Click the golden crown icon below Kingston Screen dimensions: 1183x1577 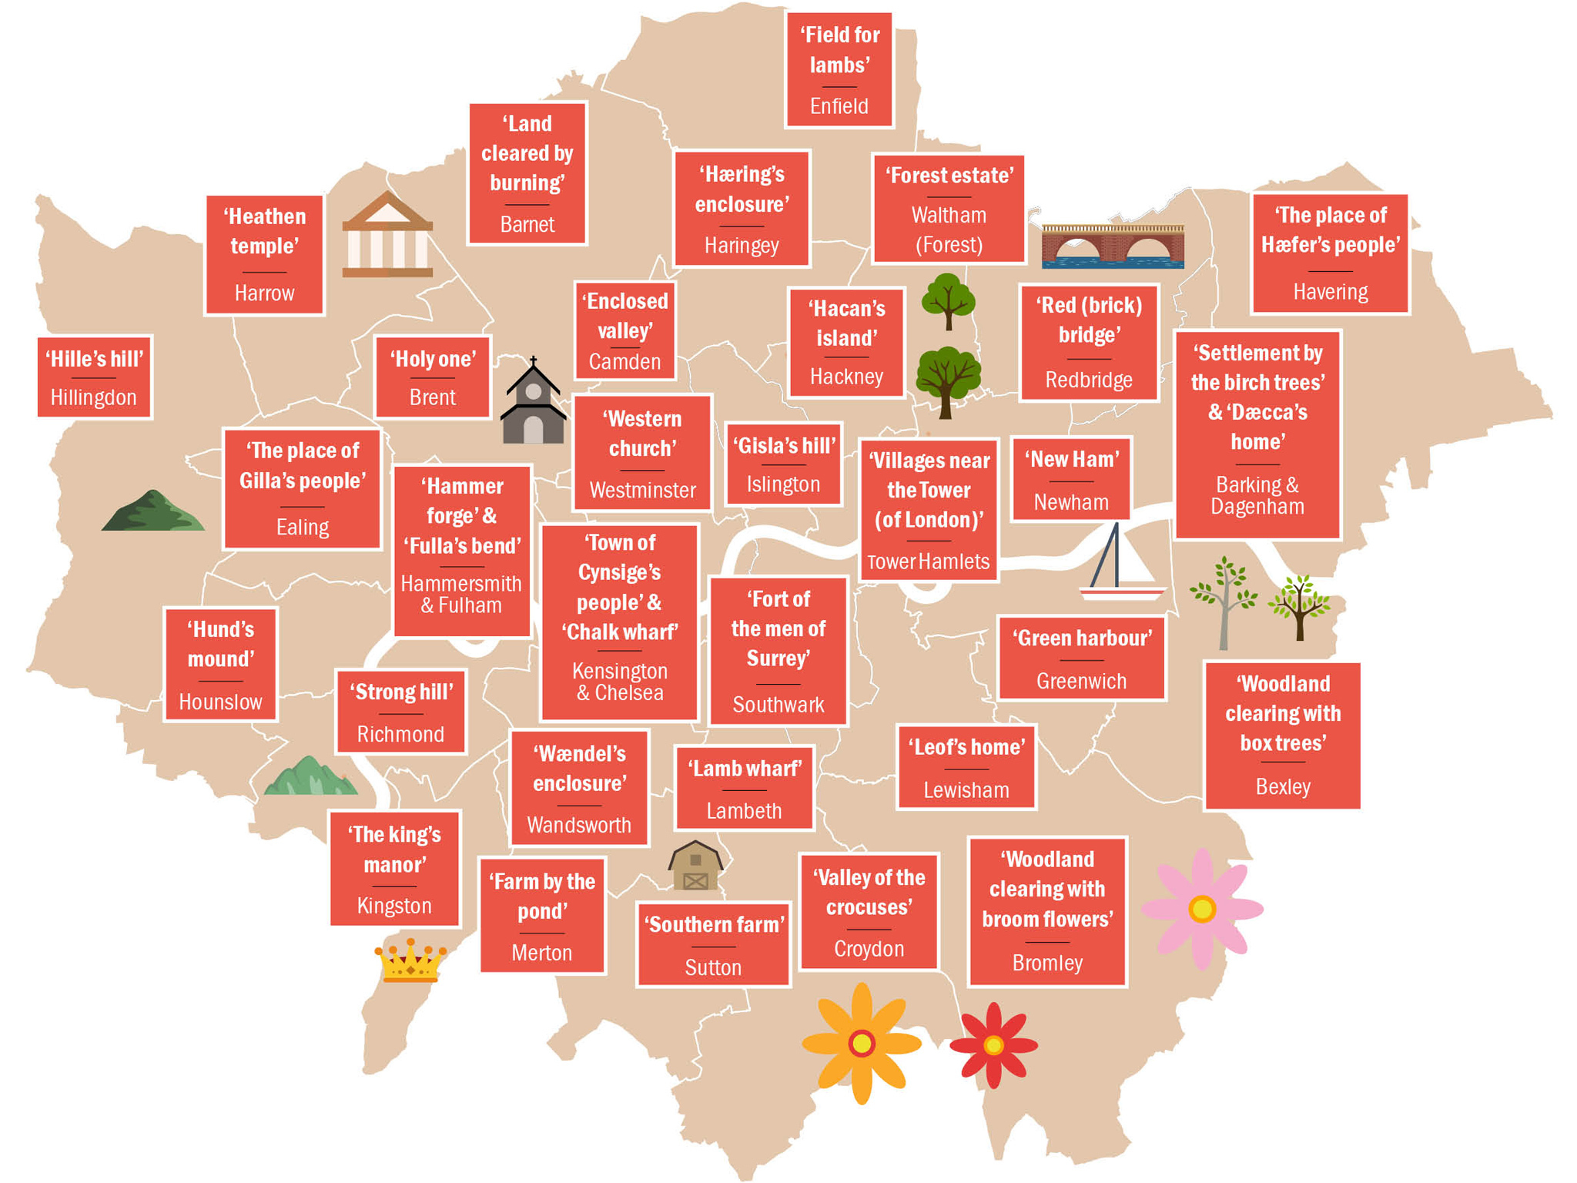pyautogui.click(x=410, y=960)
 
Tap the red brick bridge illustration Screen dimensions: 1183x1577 pyautogui.click(x=1113, y=246)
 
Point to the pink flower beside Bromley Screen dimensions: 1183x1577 pyautogui.click(x=1202, y=909)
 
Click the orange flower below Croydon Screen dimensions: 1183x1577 pyautogui.click(x=862, y=1043)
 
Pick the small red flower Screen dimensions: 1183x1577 pyautogui.click(x=993, y=1045)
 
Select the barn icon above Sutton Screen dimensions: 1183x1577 pyautogui.click(x=695, y=866)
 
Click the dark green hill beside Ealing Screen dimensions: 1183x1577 pyautogui.click(x=153, y=511)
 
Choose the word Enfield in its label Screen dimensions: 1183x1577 pyautogui.click(x=839, y=106)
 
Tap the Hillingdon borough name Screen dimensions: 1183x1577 pyautogui.click(x=93, y=397)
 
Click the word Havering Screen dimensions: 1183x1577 pyautogui.click(x=1330, y=292)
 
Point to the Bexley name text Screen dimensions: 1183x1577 pyautogui.click(x=1282, y=786)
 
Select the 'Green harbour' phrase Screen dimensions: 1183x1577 pyautogui.click(x=1081, y=638)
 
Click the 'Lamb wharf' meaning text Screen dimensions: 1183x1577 pyautogui.click(x=744, y=769)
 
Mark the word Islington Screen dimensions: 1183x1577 pyautogui.click(x=783, y=484)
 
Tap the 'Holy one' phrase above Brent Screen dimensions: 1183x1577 pyautogui.click(x=433, y=359)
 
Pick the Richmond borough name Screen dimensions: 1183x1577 pyautogui.click(x=400, y=734)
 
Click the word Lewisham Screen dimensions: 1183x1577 pyautogui.click(x=966, y=790)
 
